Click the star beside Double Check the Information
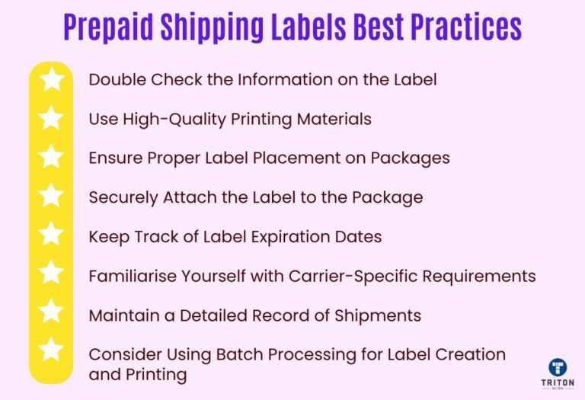point(51,79)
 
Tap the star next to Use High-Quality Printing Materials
point(51,118)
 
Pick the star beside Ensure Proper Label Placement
point(51,157)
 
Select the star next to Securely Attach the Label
point(51,196)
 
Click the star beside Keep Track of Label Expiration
point(51,235)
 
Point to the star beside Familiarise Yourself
point(51,273)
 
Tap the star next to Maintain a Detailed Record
point(51,312)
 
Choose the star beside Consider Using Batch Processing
point(51,350)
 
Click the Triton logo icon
point(558,367)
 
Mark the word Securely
point(120,197)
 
